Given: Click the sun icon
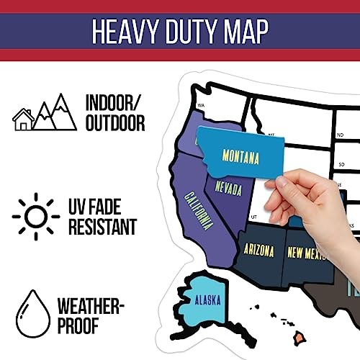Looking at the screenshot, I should click(35, 216).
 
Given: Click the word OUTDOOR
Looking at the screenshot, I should click(114, 124).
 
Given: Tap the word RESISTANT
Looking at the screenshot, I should click(102, 228).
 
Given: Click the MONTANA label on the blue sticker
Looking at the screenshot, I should click(240, 156).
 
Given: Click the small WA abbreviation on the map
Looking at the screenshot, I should click(202, 106).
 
